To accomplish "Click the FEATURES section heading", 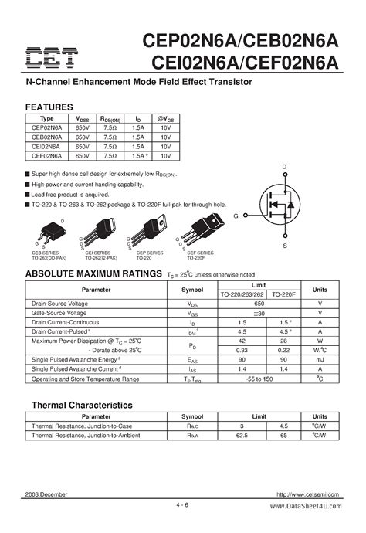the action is coord(49,107).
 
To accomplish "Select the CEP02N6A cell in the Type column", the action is coord(47,126).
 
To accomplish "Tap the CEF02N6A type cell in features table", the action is coord(47,154).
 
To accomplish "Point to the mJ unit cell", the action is coord(320,361).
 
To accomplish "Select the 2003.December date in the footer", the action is coord(47,494).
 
